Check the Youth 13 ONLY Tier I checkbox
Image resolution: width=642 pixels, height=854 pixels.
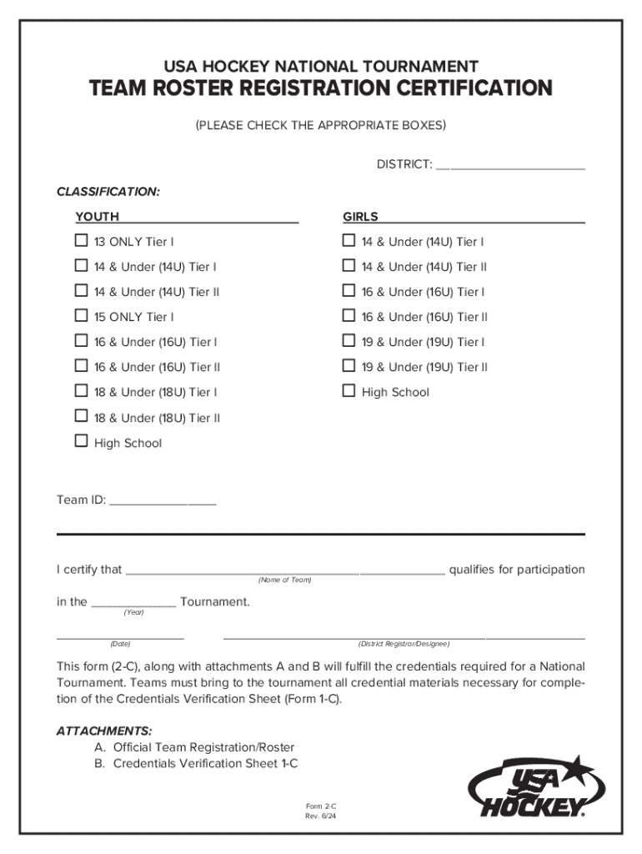coord(81,241)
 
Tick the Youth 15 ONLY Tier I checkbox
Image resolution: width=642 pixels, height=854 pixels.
coord(81,316)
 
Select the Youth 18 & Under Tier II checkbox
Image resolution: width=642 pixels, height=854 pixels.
coord(81,416)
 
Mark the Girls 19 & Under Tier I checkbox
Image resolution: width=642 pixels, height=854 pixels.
coord(349,341)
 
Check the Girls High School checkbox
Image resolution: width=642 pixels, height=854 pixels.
coord(349,390)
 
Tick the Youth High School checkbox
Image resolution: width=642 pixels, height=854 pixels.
coord(81,441)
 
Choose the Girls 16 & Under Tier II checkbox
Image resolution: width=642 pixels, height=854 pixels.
coord(349,316)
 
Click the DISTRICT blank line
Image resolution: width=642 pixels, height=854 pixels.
coord(509,168)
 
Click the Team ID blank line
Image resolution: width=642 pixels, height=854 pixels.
coord(163,504)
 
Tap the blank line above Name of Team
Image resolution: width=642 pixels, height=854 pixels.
coord(284,574)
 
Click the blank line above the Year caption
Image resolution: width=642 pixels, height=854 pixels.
coord(133,606)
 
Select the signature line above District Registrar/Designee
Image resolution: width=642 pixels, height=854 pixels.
coord(404,638)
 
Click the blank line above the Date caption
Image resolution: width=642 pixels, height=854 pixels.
coord(120,638)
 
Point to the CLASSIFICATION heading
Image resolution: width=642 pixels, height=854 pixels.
coord(108,192)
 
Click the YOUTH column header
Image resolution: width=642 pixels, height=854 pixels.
coord(98,217)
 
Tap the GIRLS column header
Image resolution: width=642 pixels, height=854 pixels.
coord(360,217)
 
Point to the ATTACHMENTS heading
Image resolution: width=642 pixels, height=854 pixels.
coord(104,731)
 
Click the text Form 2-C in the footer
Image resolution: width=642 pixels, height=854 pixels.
coord(320,806)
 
